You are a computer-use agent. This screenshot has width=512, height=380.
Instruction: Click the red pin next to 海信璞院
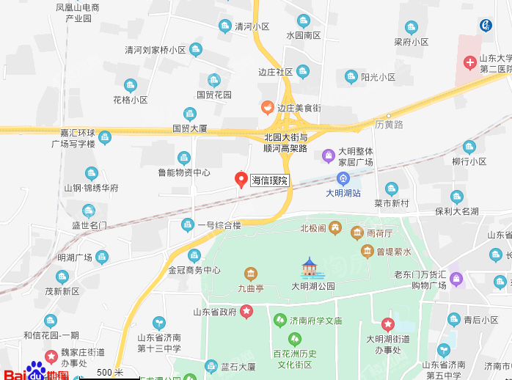coord(240,178)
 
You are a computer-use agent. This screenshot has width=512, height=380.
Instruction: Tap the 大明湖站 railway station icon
coord(343,178)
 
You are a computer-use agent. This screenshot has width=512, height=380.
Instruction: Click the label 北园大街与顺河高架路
coord(285,142)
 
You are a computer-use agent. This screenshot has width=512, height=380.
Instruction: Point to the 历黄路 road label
coord(389,125)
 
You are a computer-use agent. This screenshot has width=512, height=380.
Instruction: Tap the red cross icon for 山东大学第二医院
coord(469,63)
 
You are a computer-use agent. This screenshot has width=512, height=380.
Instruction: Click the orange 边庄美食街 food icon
coord(268,108)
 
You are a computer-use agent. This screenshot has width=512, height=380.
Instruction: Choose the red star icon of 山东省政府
coord(246,312)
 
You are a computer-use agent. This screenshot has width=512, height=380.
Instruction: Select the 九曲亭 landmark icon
coord(251,275)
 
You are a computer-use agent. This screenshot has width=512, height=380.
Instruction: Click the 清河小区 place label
coord(252,27)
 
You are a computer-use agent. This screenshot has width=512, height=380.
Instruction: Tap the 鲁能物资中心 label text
coord(184,173)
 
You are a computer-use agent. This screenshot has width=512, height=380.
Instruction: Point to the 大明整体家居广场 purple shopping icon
coord(329,155)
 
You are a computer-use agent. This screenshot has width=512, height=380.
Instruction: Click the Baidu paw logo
coord(36,370)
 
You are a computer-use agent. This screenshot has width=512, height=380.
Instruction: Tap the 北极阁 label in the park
coord(312,228)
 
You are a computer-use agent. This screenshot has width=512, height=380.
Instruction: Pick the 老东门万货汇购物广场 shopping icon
coord(456,279)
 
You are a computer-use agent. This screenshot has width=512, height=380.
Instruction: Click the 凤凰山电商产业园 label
coord(78,12)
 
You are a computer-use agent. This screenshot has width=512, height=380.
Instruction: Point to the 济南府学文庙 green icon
coord(279,321)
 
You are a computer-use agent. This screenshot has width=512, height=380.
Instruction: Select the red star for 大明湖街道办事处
coord(387,324)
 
